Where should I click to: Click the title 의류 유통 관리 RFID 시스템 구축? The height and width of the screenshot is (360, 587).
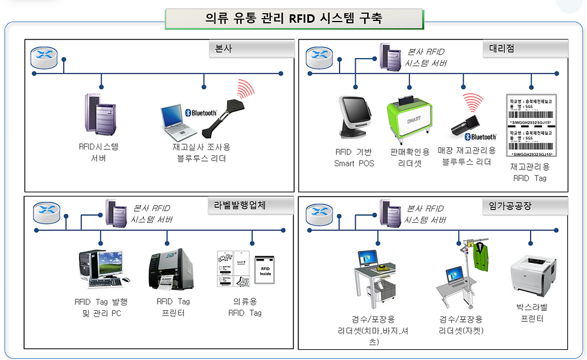(293, 19)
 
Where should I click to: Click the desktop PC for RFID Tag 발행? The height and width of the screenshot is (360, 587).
(101, 269)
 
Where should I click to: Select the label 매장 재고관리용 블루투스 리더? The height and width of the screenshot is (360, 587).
(467, 156)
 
